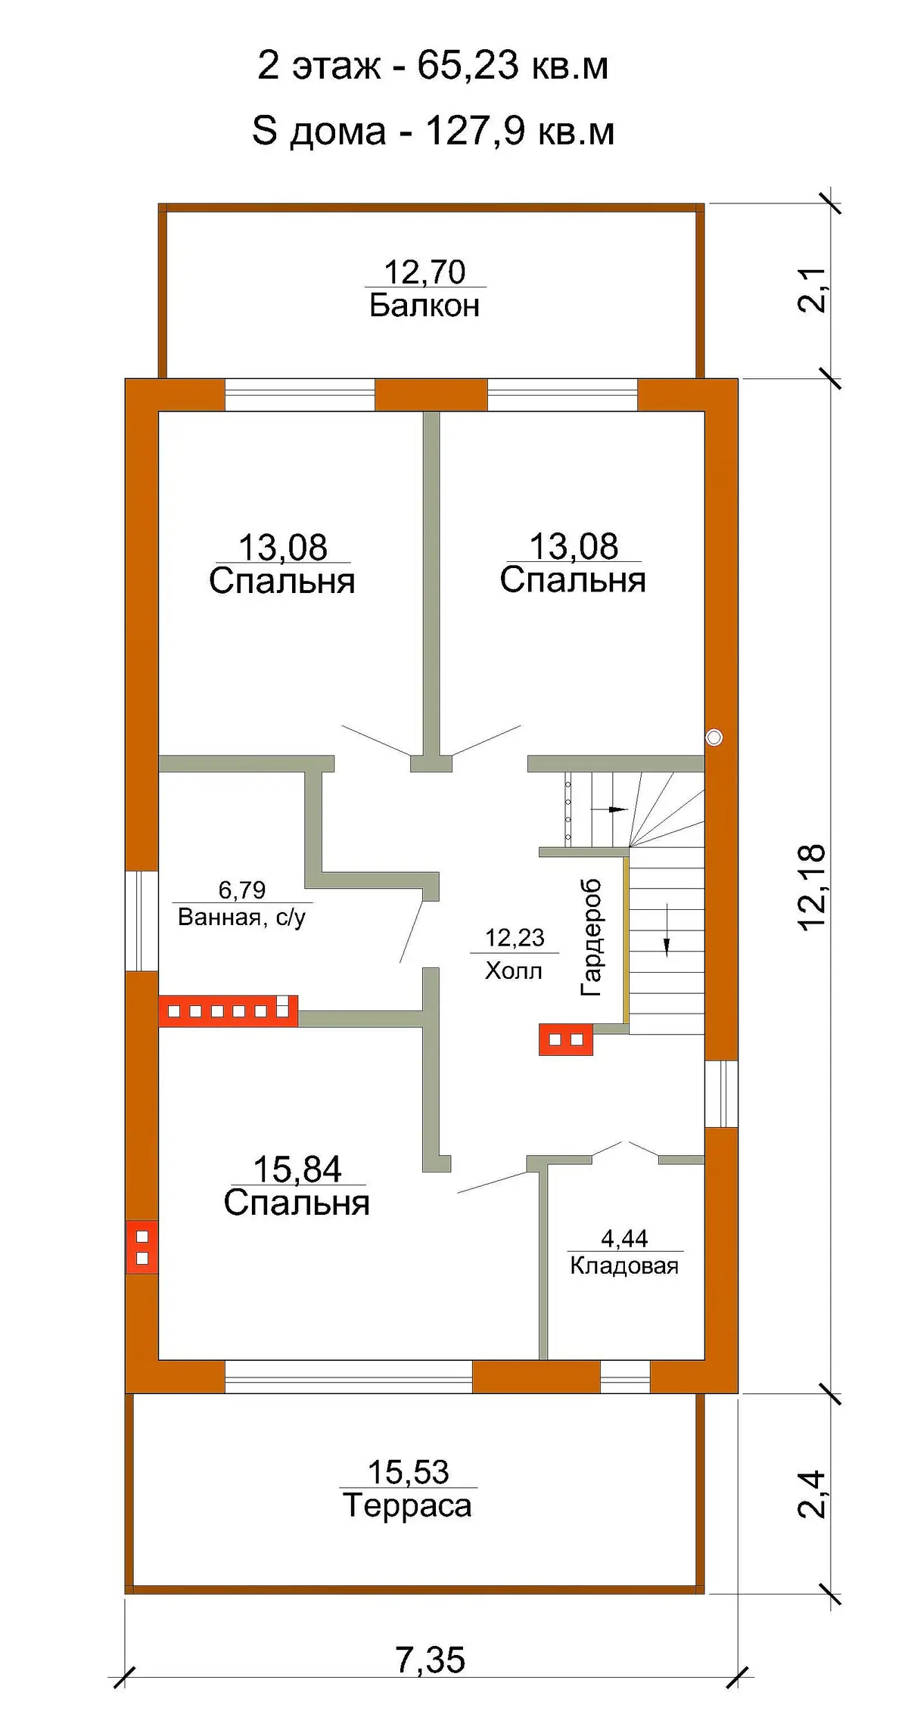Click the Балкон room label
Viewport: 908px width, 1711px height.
tap(424, 306)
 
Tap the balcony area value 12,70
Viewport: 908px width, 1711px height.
tap(424, 272)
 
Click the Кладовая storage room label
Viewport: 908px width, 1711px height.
tap(624, 1265)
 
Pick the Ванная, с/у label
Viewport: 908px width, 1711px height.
tap(242, 918)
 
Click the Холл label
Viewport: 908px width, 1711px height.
tap(514, 970)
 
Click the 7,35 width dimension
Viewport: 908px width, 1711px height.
tap(430, 1655)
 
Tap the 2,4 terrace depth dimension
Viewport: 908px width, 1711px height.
tap(812, 1494)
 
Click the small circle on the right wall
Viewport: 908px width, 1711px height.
tap(714, 737)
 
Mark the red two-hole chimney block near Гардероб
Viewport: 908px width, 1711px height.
tap(566, 1039)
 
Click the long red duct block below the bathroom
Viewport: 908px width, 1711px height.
tap(228, 1011)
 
